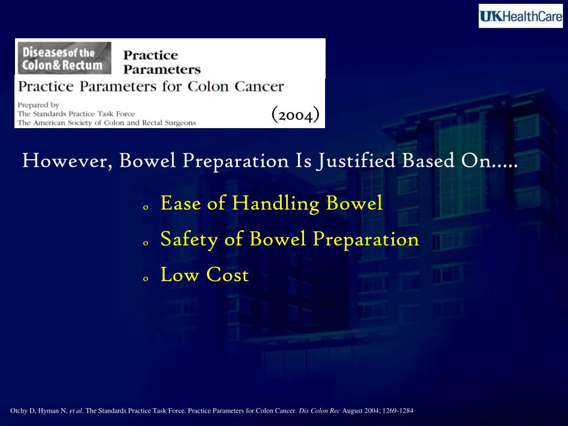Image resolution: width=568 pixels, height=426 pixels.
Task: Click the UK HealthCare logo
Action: tap(520, 16)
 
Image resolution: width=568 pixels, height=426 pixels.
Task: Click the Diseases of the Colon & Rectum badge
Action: tap(63, 58)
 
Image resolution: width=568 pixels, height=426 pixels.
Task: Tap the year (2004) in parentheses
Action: tap(295, 114)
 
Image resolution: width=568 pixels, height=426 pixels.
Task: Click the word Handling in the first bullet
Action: tap(276, 204)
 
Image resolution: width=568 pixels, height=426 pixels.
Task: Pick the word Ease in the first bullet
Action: tap(180, 204)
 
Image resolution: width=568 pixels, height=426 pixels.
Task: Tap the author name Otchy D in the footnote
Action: tap(22, 411)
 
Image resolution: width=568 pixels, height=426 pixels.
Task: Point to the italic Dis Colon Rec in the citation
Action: tap(319, 411)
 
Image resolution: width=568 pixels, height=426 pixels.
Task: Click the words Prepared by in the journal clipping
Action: tap(38, 104)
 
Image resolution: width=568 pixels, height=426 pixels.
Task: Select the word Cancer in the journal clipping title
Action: tap(259, 87)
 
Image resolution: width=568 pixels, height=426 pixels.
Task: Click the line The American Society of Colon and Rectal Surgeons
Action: tap(106, 123)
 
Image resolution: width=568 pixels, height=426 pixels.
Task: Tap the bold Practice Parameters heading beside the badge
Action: tap(161, 62)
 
